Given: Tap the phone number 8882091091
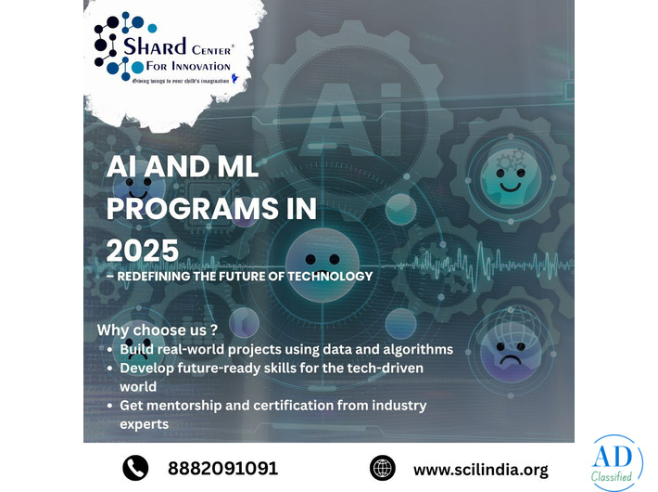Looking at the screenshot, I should [x=222, y=468].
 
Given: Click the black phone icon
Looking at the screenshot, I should [x=136, y=468].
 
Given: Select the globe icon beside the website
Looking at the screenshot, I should [x=382, y=468].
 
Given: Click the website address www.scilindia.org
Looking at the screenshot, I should [x=481, y=469].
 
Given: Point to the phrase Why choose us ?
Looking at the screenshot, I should [x=158, y=330].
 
